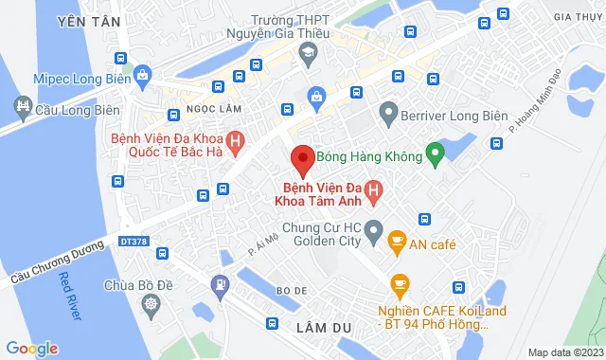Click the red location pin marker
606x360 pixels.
click(302, 159)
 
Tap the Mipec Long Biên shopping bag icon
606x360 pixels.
click(142, 74)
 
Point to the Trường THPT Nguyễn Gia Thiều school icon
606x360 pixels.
click(308, 58)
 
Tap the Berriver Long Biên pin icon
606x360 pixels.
click(387, 116)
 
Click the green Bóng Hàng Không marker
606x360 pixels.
click(436, 152)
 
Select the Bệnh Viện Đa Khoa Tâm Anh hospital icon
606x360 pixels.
click(373, 192)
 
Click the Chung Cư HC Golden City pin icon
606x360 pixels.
click(374, 227)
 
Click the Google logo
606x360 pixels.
click(31, 348)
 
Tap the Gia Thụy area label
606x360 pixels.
click(574, 16)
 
